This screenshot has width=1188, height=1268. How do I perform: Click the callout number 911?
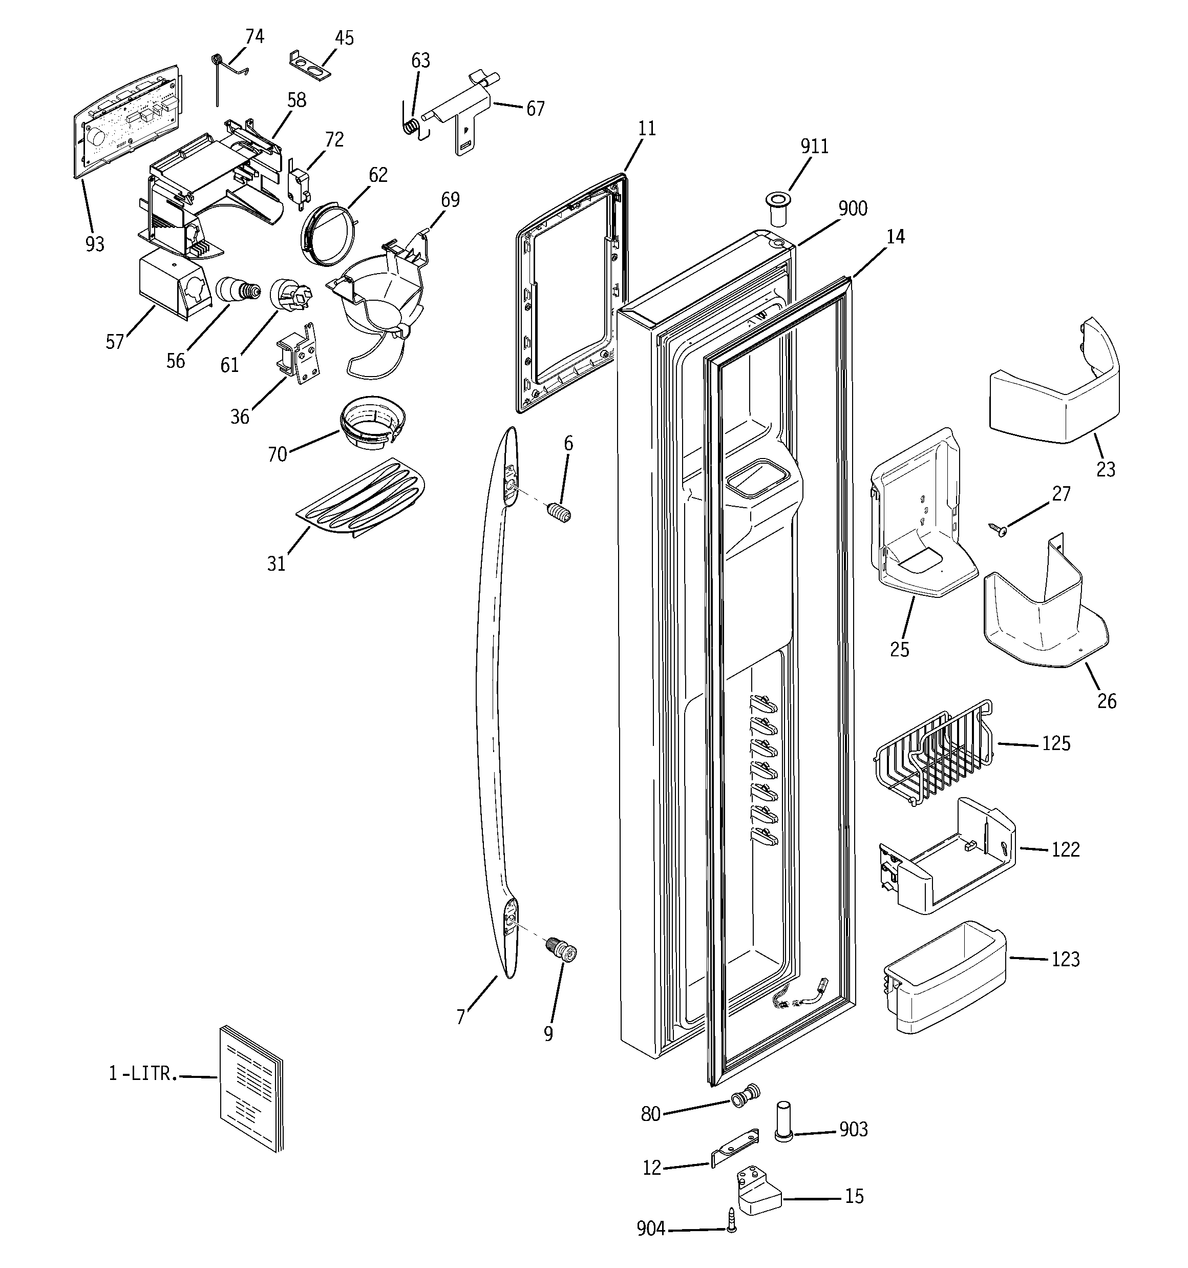coord(814,147)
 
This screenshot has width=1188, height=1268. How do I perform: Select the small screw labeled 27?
coord(999,529)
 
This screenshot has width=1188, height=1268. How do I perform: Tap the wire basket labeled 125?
coord(931,753)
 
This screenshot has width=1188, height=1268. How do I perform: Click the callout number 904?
coord(650,1229)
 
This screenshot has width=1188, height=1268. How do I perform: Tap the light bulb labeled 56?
coord(239,291)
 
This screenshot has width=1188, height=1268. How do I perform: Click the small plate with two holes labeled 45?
coord(312,66)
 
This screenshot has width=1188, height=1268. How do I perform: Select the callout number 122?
coord(1065,849)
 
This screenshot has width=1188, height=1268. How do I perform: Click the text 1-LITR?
coord(141,1074)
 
